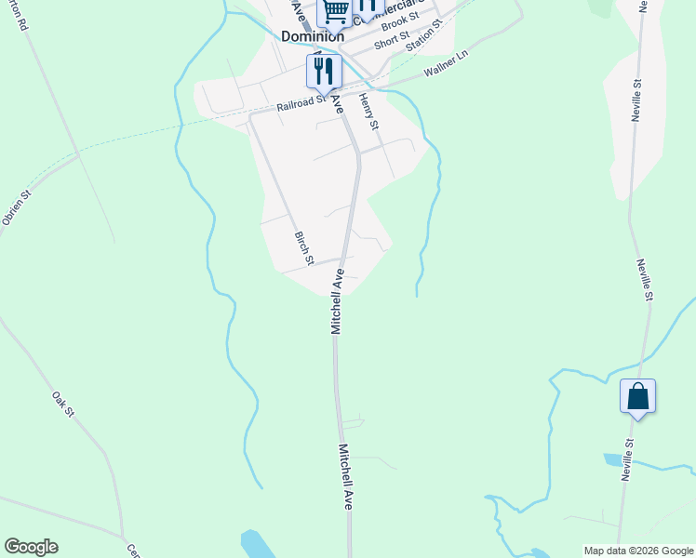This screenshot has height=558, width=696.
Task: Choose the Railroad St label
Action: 300,103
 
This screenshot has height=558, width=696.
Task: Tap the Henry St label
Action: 369,112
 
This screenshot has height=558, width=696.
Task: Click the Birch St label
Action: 303,246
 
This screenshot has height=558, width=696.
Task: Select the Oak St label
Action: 62,405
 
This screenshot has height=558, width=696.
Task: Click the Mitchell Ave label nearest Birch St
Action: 338,301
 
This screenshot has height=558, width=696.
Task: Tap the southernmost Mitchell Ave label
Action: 346,476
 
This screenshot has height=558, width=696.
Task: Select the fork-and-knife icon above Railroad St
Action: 324,70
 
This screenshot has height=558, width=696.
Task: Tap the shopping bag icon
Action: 637,396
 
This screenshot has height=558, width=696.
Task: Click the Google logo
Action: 31,547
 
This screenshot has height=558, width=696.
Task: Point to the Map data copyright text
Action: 638,551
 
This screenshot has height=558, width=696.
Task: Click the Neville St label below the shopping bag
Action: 628,458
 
